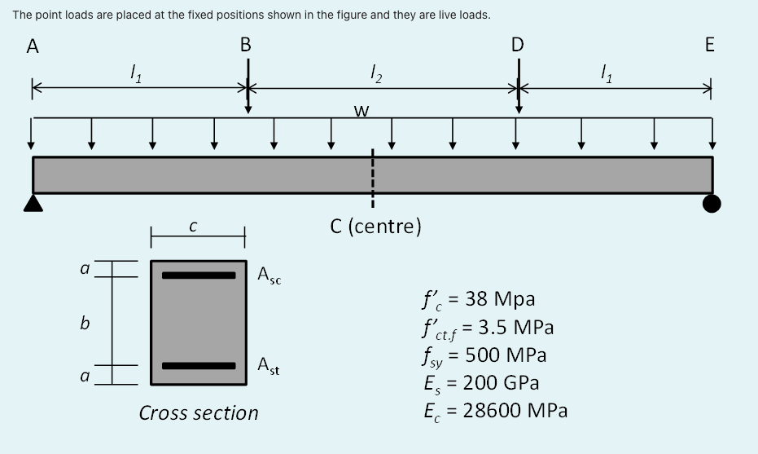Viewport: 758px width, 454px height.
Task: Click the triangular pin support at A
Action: pyautogui.click(x=33, y=203)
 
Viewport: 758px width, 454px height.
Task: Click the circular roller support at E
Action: pyautogui.click(x=712, y=204)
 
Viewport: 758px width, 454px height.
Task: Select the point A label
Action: pyautogui.click(x=33, y=46)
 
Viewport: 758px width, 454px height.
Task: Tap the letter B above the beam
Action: pyautogui.click(x=246, y=45)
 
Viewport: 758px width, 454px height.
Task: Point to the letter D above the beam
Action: pyautogui.click(x=518, y=45)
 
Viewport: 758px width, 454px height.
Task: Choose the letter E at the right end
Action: pyautogui.click(x=709, y=46)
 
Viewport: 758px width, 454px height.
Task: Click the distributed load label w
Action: pyautogui.click(x=361, y=112)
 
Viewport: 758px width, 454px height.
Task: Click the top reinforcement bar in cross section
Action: pyautogui.click(x=198, y=275)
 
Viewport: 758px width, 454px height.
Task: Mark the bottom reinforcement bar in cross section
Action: pyautogui.click(x=198, y=365)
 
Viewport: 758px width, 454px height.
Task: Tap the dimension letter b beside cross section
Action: pyautogui.click(x=84, y=324)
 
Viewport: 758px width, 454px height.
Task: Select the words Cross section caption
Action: pyautogui.click(x=199, y=413)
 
